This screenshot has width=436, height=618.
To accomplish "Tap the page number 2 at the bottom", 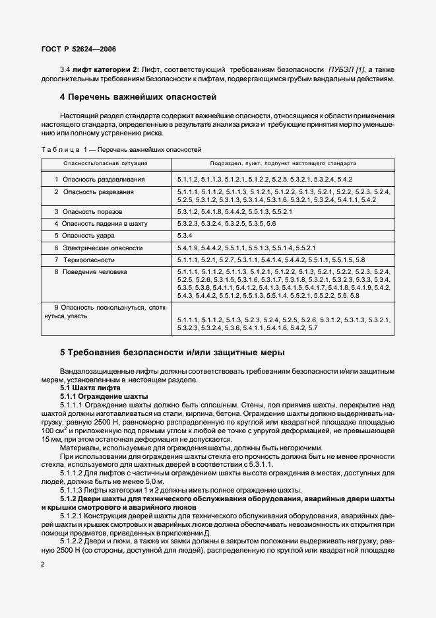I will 43,565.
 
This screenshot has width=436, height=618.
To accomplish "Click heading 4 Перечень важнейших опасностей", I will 138,97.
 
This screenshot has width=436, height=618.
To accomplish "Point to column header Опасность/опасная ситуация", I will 106,162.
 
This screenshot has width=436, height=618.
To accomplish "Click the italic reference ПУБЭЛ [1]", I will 346,69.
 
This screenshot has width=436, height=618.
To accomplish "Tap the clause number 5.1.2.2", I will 73,539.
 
